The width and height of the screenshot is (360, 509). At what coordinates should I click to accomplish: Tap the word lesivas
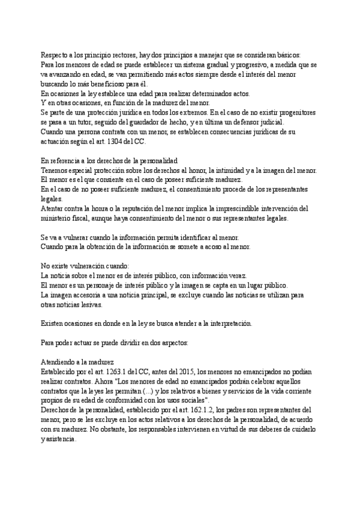coord(88,305)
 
